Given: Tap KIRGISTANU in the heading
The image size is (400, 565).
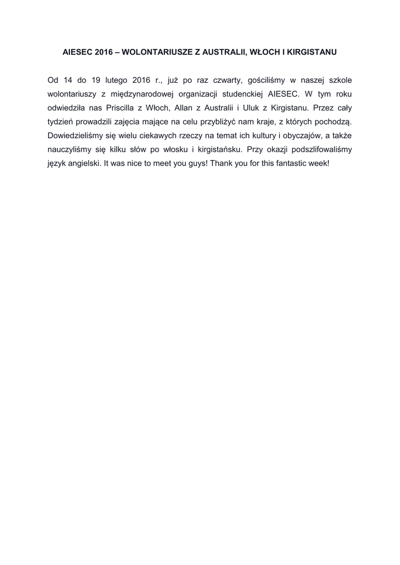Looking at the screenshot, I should [x=313, y=52].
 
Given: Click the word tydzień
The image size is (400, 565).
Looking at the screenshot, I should [x=62, y=122].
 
